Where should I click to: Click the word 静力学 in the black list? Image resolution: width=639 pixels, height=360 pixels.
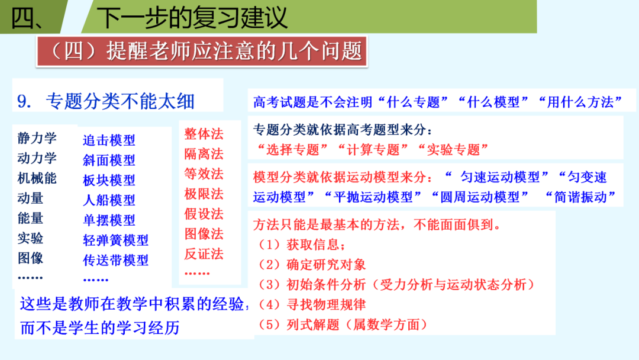pyautogui.click(x=37, y=139)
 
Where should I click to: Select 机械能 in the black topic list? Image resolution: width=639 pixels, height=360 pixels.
pyautogui.click(x=37, y=178)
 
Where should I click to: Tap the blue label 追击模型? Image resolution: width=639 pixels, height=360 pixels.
pyautogui.click(x=109, y=140)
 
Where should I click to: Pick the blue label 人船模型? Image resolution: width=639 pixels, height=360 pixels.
pyautogui.click(x=109, y=200)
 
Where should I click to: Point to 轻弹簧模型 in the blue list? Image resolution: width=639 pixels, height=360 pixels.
pyautogui.click(x=115, y=240)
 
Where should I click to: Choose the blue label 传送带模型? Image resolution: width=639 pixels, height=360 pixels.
pyautogui.click(x=115, y=260)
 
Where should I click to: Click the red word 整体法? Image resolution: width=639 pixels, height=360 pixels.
pyautogui.click(x=204, y=134)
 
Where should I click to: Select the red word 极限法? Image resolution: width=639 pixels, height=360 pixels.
pyautogui.click(x=204, y=194)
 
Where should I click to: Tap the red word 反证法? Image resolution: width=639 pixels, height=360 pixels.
pyautogui.click(x=204, y=254)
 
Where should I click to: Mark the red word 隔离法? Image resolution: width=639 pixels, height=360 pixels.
pyautogui.click(x=204, y=154)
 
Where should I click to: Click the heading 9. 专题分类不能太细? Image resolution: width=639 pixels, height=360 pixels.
pyautogui.click(x=106, y=101)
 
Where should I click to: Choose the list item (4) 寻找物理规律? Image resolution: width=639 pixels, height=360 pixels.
pyautogui.click(x=312, y=305)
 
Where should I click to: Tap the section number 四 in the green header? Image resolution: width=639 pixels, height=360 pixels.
pyautogui.click(x=26, y=18)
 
